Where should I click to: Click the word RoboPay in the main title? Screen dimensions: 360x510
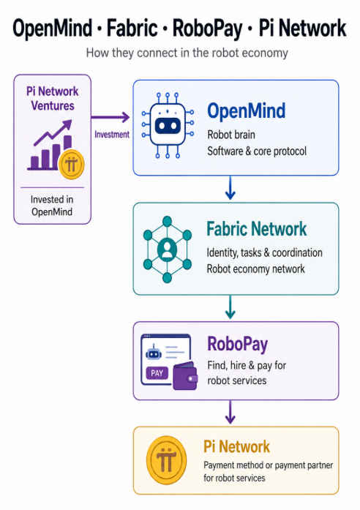pyautogui.click(x=207, y=29)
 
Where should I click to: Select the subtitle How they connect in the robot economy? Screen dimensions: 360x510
pyautogui.click(x=187, y=53)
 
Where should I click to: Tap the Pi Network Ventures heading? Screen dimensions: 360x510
pyautogui.click(x=53, y=99)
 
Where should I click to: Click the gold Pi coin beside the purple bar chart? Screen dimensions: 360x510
pyautogui.click(x=71, y=165)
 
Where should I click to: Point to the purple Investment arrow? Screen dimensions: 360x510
pyautogui.click(x=110, y=117)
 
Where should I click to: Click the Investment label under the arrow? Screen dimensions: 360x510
pyautogui.click(x=112, y=135)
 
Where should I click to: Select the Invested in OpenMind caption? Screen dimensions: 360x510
pyautogui.click(x=52, y=206)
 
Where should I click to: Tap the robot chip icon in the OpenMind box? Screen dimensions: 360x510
pyautogui.click(x=168, y=126)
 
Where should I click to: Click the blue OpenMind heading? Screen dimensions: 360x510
pyautogui.click(x=246, y=110)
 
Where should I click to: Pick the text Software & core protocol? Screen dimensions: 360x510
pyautogui.click(x=257, y=151)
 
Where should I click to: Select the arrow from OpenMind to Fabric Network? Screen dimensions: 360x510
pyautogui.click(x=230, y=187)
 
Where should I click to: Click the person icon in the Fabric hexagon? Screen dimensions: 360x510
pyautogui.click(x=167, y=250)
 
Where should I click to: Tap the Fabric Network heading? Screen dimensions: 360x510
pyautogui.click(x=257, y=229)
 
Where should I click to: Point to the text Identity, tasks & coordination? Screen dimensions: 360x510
pyautogui.click(x=264, y=252)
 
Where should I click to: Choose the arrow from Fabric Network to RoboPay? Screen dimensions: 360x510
pyautogui.click(x=230, y=307)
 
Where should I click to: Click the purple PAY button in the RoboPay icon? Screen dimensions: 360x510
pyautogui.click(x=157, y=373)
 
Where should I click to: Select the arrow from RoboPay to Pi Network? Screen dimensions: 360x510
pyautogui.click(x=230, y=412)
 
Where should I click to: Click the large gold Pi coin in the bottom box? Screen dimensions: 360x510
pyautogui.click(x=167, y=460)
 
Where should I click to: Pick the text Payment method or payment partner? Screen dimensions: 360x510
pyautogui.click(x=269, y=465)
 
